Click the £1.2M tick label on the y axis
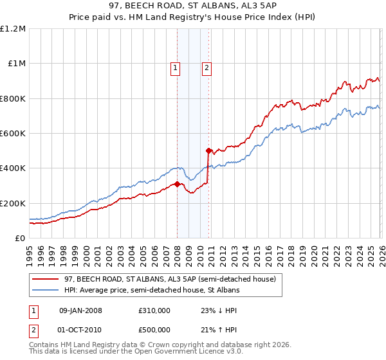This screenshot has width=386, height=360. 14,29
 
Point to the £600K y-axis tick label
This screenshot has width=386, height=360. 13,134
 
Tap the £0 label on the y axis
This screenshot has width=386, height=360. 19,239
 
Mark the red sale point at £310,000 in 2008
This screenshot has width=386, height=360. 177,184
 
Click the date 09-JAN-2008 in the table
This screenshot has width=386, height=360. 80,310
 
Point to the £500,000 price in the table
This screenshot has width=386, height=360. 154,330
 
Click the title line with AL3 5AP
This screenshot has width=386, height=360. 192,6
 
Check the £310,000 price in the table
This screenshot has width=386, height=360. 154,310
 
